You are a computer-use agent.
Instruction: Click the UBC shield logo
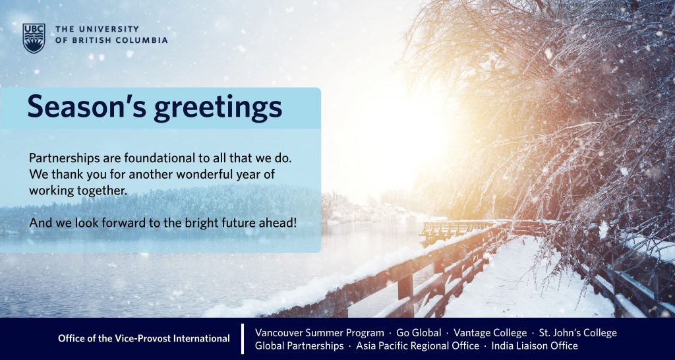pos(34,38)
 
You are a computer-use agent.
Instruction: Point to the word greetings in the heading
pos(218,109)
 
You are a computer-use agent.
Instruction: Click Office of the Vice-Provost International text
pos(144,338)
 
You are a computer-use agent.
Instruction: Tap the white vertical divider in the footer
pos(243,338)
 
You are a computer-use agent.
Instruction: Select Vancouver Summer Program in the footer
pos(320,333)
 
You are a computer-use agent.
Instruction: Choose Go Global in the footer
pos(419,333)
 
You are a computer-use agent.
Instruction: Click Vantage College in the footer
pos(490,333)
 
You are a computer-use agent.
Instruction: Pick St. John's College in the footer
pos(577,333)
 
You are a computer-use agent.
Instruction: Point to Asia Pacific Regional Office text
pos(417,345)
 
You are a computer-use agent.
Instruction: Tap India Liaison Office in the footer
pos(534,345)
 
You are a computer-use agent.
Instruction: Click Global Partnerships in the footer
pos(299,345)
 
